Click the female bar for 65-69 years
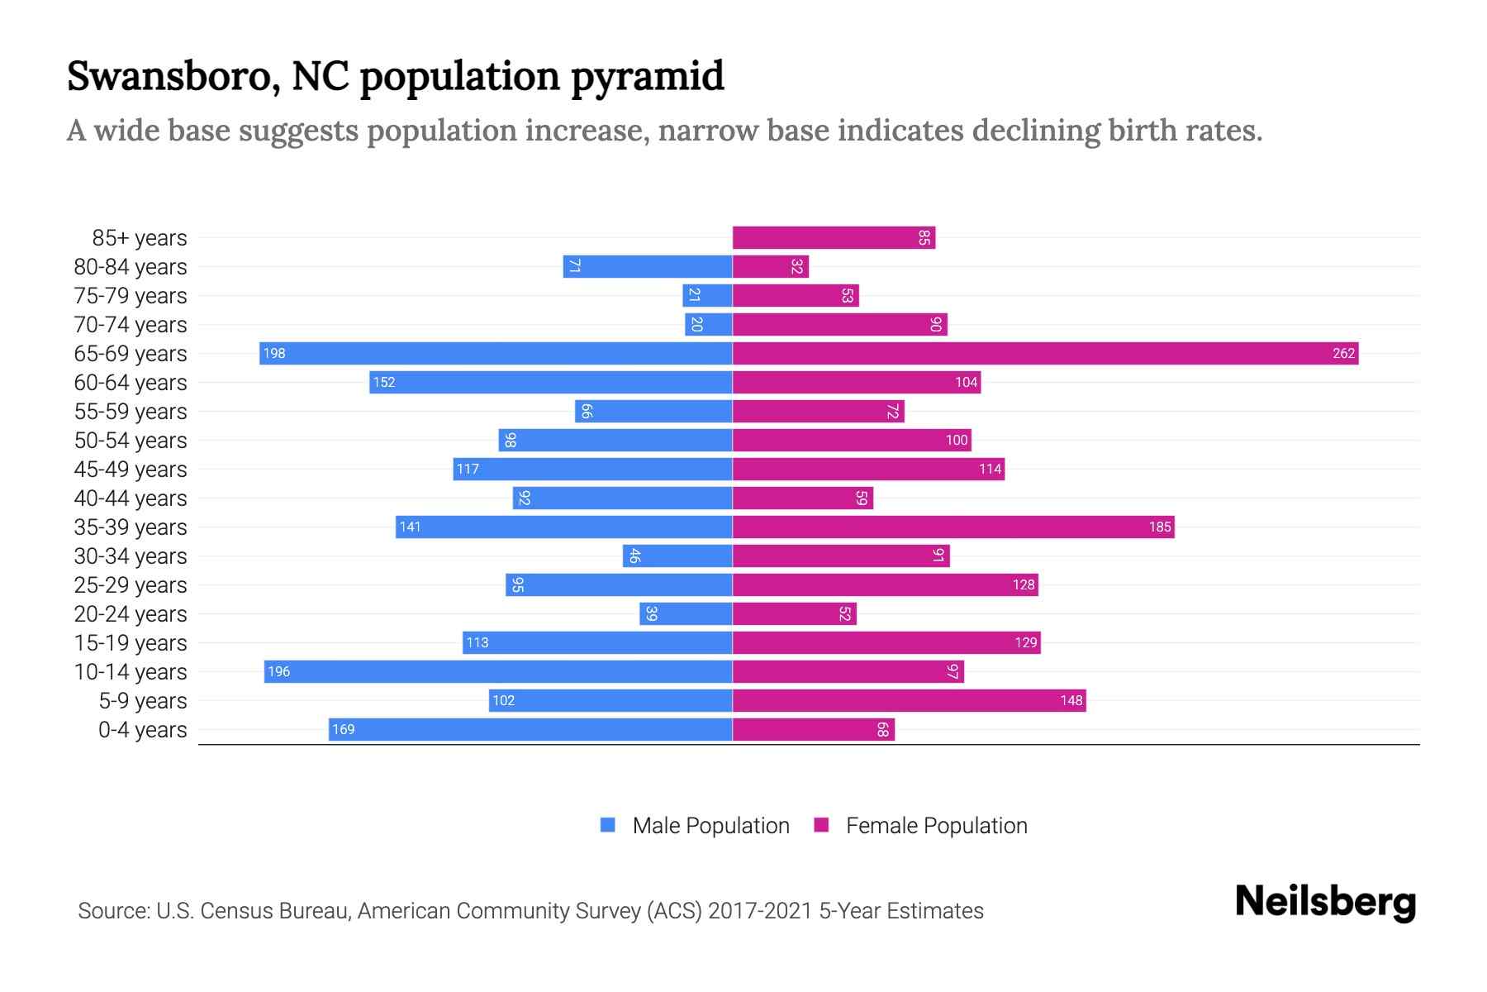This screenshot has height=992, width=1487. point(1045,354)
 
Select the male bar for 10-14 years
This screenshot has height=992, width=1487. point(498,671)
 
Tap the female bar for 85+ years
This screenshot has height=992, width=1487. point(834,238)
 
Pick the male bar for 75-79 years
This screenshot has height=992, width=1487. point(708,296)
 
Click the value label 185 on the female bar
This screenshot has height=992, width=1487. point(1160,527)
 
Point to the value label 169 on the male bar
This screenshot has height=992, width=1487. point(344,730)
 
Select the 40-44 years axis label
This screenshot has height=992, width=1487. point(131,498)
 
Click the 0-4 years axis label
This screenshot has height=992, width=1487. point(142,730)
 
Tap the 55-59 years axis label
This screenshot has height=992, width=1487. point(131,412)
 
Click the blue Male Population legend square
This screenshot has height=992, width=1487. point(608,825)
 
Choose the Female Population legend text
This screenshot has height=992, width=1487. point(936,826)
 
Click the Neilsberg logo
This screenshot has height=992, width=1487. point(1325,902)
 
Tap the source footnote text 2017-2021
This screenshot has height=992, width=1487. point(760,911)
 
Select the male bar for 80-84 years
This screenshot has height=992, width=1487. point(648,267)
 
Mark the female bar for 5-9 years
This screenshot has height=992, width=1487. point(909,701)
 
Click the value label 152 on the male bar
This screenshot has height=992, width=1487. point(384,383)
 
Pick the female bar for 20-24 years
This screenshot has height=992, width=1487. point(794,614)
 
